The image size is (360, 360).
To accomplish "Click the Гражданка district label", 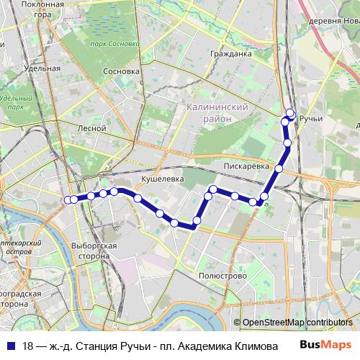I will click(x=231, y=53).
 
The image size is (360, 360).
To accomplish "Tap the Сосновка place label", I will click(x=121, y=72).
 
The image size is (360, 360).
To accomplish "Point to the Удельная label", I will click(x=42, y=68).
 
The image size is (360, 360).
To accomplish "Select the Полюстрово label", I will click(x=217, y=275).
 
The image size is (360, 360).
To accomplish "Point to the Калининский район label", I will click(x=217, y=112).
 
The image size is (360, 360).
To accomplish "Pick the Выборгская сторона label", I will click(x=95, y=251).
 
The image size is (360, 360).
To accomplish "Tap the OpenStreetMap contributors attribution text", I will click(x=297, y=322).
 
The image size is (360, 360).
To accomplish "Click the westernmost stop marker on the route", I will click(x=68, y=199).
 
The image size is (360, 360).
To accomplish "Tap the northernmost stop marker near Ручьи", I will click(x=291, y=112).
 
